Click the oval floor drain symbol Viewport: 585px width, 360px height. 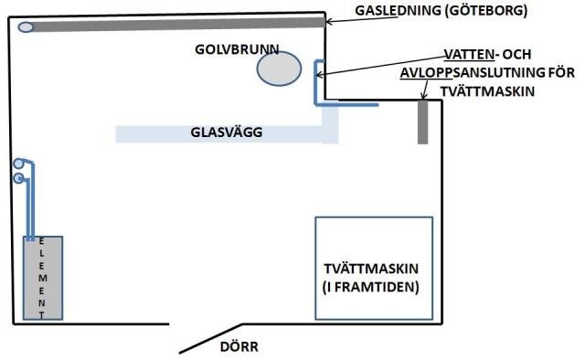[279, 69]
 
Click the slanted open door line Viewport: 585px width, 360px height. [210, 339]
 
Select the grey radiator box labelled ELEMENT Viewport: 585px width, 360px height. [43, 278]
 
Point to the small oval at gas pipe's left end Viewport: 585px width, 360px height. [26, 26]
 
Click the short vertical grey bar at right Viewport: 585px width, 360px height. [422, 122]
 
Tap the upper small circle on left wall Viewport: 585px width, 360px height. [19, 164]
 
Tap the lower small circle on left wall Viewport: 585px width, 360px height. [19, 178]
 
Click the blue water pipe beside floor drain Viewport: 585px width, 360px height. [316, 82]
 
